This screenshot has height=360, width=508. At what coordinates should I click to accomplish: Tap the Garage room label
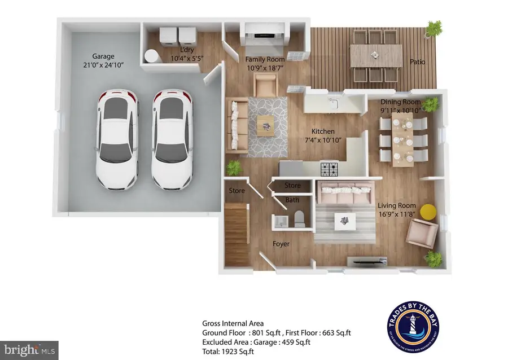coord(103,56)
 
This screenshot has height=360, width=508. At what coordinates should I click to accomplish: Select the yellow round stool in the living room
coord(428,212)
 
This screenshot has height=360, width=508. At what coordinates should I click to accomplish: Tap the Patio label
coord(418,62)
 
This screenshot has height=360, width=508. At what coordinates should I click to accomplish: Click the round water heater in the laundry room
coord(151,55)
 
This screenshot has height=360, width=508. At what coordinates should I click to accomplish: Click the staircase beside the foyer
coord(237,235)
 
